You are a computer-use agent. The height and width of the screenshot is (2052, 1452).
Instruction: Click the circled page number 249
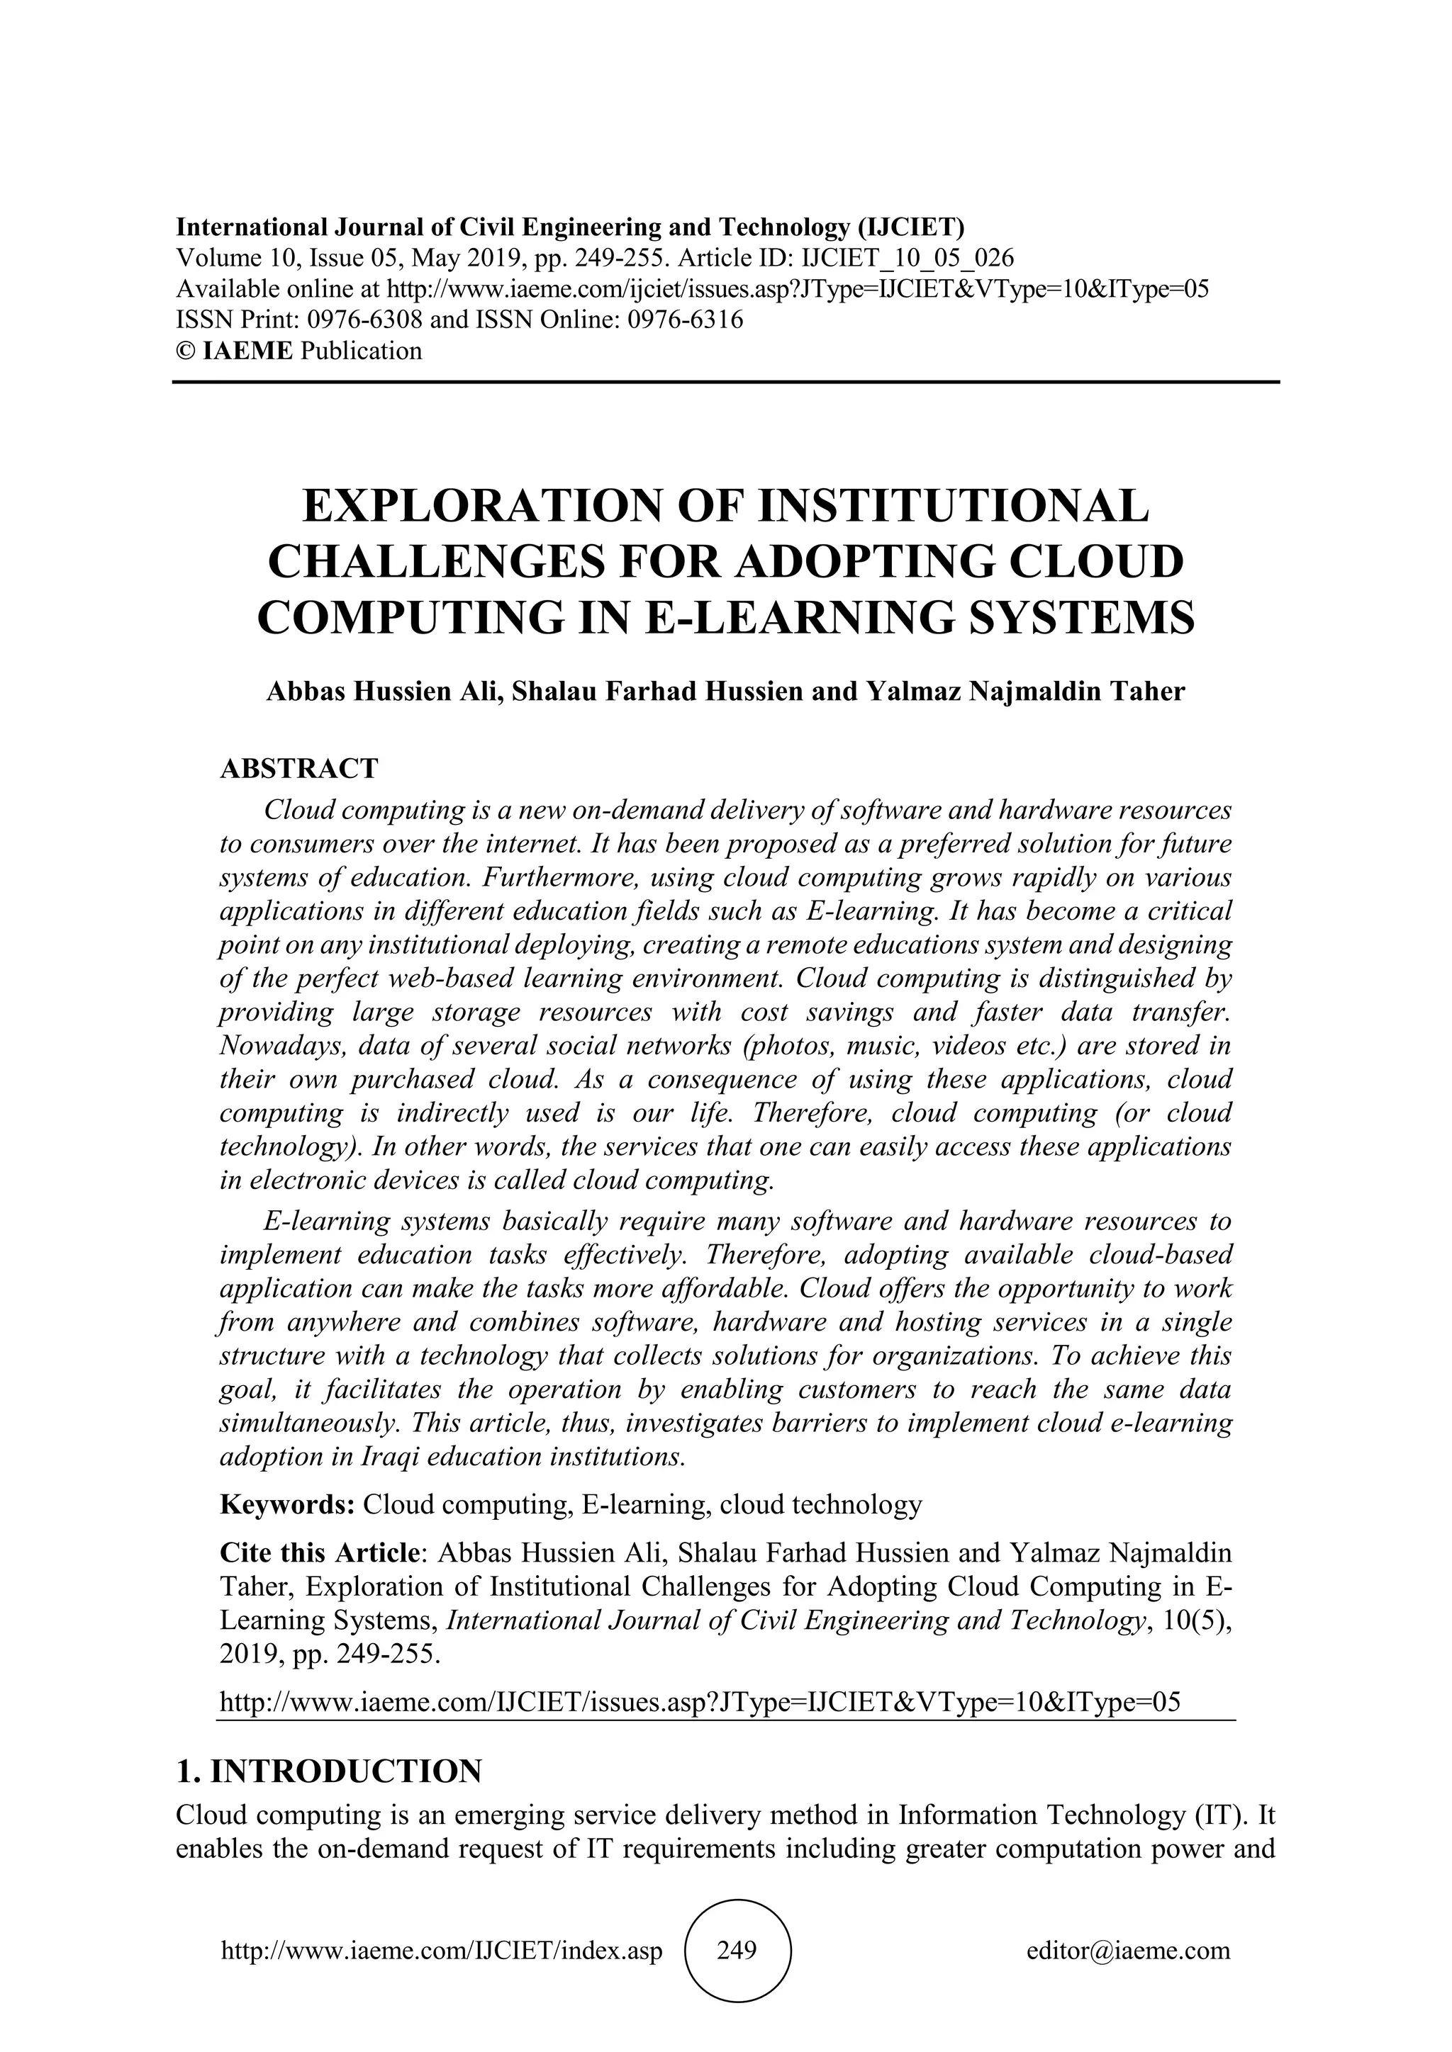point(737,1949)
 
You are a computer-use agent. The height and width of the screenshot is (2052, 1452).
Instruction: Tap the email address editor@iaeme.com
point(1128,1949)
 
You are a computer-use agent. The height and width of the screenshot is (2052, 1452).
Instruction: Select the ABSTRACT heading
point(298,769)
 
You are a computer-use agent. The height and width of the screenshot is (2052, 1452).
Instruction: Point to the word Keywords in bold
point(287,1505)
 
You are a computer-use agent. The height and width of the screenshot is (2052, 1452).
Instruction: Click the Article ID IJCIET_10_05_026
point(910,259)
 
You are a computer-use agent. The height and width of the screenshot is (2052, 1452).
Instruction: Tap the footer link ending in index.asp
point(442,1949)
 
